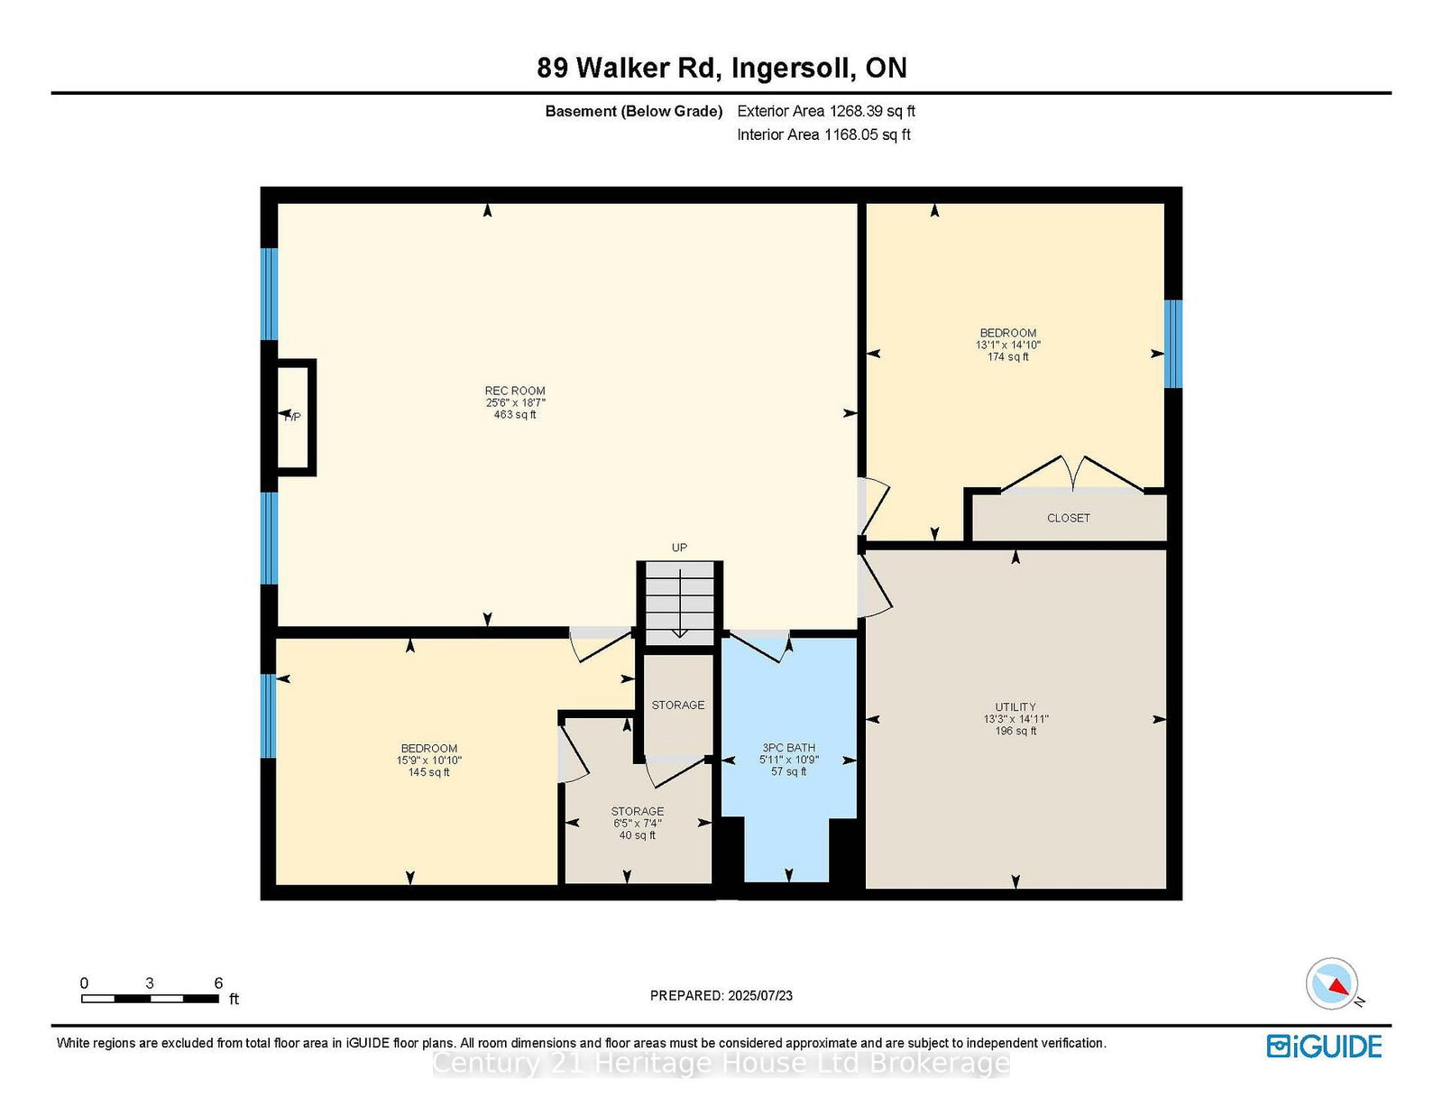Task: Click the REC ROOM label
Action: (515, 391)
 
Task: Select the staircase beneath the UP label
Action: (679, 603)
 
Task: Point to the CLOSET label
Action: (1068, 518)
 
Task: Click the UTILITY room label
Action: (1016, 706)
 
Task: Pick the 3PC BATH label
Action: (788, 747)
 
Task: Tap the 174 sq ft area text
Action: (1008, 356)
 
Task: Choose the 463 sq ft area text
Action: (515, 414)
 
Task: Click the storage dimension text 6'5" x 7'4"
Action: (638, 823)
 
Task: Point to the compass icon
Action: (1332, 983)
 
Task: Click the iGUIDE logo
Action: (1324, 1047)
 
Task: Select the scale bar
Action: (150, 999)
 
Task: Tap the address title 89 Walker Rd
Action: (630, 68)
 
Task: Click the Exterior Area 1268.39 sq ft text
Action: (826, 111)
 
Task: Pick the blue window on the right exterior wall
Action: (1173, 344)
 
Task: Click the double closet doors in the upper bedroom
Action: (1071, 474)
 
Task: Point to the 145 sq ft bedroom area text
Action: (429, 772)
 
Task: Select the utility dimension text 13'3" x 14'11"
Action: (1016, 719)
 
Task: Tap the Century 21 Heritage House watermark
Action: (721, 1064)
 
